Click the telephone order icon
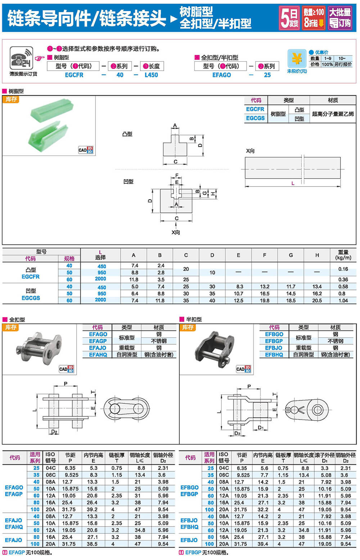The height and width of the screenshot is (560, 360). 21,58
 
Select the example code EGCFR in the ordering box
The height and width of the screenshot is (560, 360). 74,75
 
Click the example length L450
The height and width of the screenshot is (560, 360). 151,75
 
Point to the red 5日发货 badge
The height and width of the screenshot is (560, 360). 289,18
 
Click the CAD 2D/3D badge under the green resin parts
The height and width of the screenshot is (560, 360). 86,150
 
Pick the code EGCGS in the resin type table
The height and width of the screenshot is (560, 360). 255,118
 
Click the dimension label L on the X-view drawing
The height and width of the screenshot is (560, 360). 293,183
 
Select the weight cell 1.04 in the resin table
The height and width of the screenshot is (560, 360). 343,300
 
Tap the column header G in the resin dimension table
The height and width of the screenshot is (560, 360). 291,255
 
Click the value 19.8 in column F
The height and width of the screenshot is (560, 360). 265,300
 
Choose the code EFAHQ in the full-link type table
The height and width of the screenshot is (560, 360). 98,355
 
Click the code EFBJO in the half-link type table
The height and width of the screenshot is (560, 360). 274,348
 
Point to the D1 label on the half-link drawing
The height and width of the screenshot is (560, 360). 261,427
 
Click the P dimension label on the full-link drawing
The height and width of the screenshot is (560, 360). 66,384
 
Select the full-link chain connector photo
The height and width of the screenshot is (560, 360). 39,349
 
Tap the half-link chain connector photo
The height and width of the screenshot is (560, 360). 214,348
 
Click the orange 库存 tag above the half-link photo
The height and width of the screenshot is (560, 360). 188,327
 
